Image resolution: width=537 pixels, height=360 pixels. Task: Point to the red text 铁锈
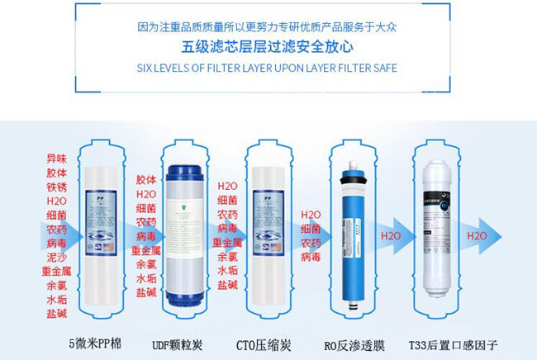(57, 187)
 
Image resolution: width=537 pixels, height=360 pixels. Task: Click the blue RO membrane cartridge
(354, 239)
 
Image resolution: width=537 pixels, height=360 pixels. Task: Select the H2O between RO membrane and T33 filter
(391, 236)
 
